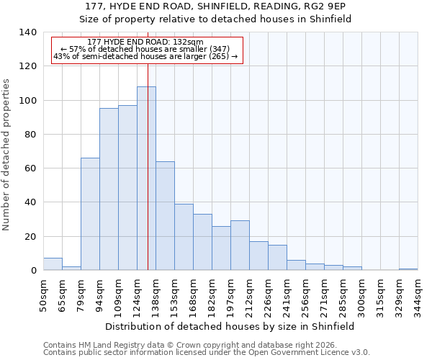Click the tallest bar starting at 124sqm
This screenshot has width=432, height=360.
146,179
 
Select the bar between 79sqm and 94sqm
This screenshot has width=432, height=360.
90,214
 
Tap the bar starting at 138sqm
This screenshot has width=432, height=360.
165,216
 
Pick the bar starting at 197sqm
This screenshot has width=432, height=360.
240,246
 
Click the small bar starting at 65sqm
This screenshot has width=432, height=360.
71,269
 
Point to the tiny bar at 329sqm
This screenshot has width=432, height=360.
408,269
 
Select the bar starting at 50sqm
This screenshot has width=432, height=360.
53,264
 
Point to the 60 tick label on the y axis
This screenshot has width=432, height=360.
30,168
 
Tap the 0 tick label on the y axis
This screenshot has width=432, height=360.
32,271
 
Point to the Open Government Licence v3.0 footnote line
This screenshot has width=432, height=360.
207,352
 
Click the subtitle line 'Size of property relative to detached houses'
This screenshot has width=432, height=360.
215,19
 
